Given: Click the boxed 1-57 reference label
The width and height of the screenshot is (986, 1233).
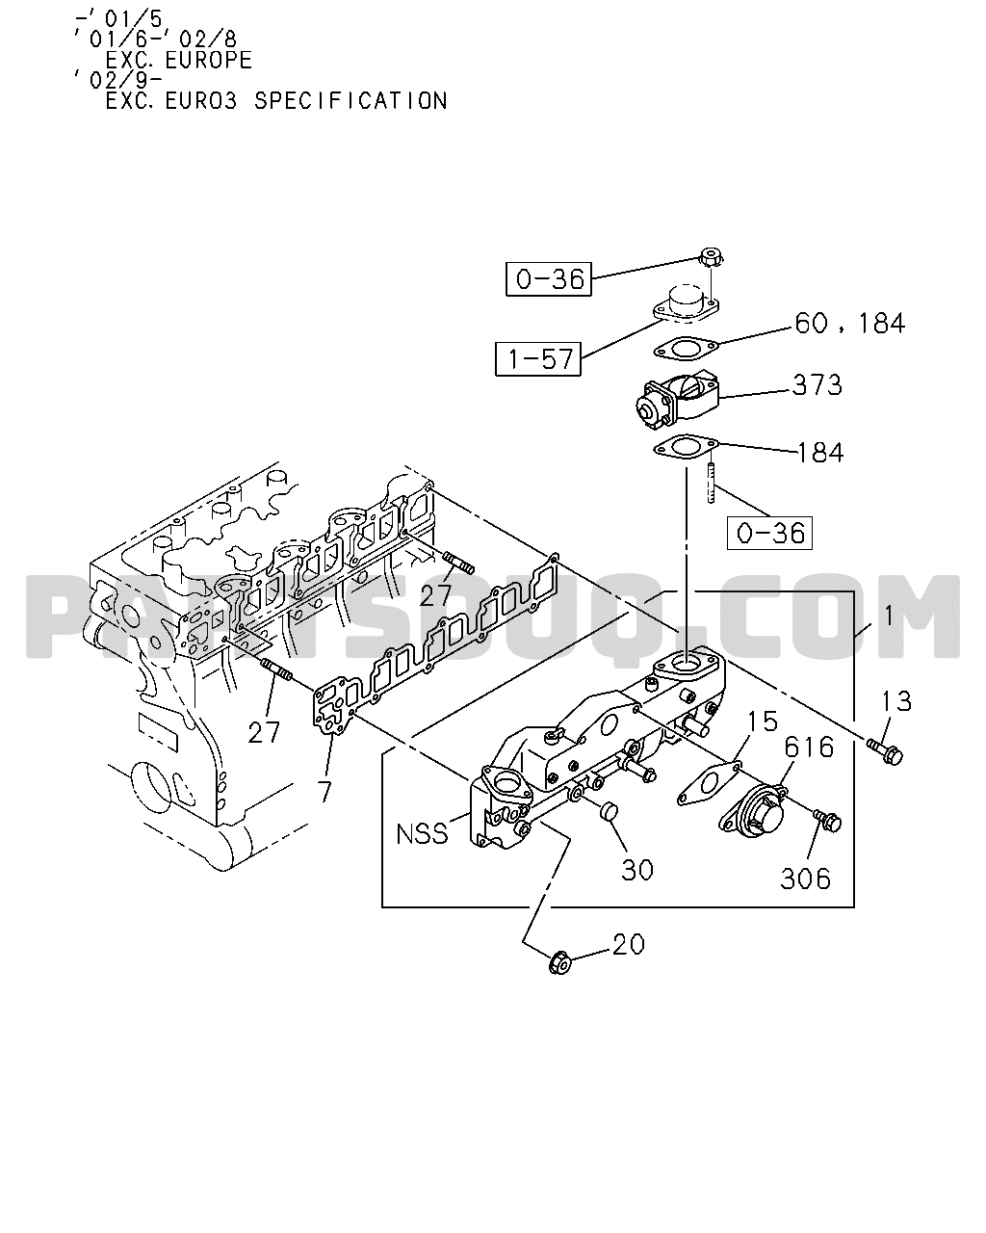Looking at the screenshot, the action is (538, 359).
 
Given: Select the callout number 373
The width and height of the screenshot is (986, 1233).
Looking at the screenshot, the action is (817, 385).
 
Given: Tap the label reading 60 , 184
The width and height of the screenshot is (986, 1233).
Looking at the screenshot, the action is (849, 324).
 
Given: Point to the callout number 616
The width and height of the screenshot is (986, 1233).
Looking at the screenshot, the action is (809, 748).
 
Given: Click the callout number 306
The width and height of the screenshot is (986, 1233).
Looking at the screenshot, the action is (805, 879).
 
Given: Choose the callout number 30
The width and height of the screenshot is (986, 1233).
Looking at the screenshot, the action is (637, 870).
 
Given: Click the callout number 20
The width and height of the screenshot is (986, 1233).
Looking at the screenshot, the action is (629, 944).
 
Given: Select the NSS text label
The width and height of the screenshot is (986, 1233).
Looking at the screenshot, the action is (422, 834).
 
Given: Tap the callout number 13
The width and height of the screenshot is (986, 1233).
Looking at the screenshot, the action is (896, 701).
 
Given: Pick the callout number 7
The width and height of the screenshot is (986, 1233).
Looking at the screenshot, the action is (324, 792).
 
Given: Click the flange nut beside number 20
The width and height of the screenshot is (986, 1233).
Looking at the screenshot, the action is (560, 962).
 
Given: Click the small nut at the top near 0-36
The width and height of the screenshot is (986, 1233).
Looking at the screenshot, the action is (711, 256).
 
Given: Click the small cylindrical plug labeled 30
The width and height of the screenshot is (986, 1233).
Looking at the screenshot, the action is (608, 810).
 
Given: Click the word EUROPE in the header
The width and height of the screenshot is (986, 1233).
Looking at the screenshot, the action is (209, 60).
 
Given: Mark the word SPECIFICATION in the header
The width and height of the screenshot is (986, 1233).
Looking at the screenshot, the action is (350, 101).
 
